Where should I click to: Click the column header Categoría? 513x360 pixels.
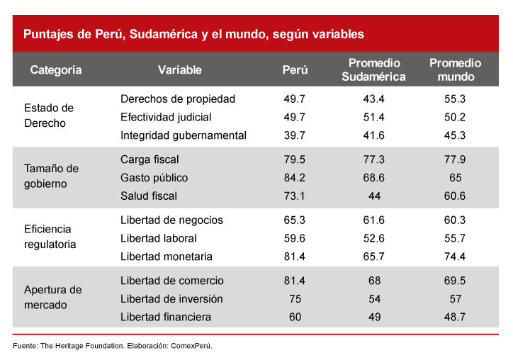56,70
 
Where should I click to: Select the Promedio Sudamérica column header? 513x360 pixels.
373,70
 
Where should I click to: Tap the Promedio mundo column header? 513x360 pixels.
455,70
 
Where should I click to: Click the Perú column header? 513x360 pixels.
295,70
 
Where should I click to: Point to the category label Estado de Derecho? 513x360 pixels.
48,116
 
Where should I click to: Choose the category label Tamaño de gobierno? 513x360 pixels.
51,176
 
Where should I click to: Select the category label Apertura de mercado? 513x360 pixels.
52,298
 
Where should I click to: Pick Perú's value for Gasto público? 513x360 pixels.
295,177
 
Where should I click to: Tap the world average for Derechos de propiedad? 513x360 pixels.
455,99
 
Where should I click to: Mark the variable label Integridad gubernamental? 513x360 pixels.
183,135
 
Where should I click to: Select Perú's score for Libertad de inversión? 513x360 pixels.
295,299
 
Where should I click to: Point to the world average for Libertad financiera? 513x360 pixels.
455,317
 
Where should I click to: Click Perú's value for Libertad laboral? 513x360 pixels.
295,238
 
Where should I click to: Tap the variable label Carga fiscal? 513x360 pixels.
150,159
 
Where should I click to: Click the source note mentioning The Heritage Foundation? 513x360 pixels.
113,346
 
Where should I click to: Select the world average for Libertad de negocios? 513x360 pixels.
455,220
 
